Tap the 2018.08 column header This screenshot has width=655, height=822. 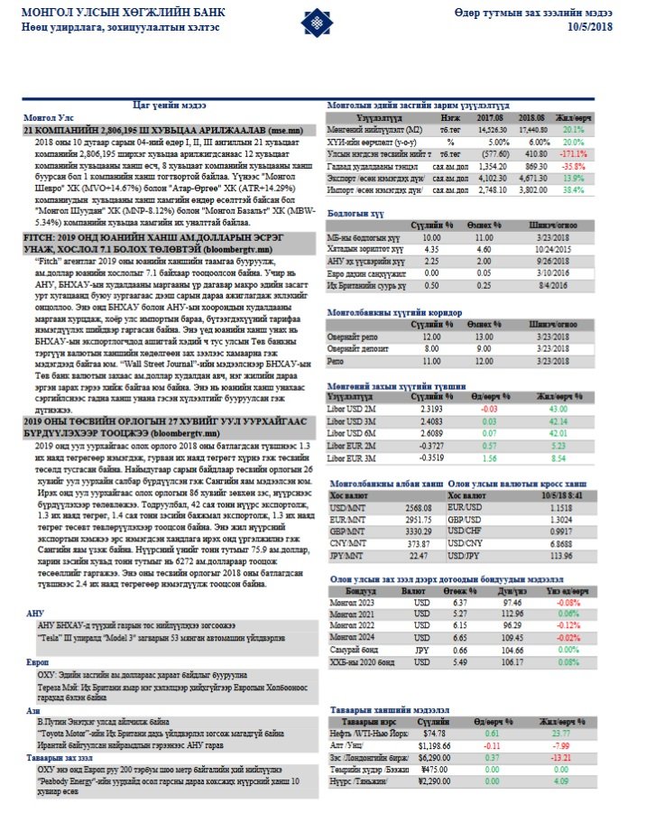coord(534,117)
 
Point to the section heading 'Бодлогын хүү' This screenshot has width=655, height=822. coord(349,212)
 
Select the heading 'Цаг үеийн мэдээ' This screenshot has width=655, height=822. coord(150,106)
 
